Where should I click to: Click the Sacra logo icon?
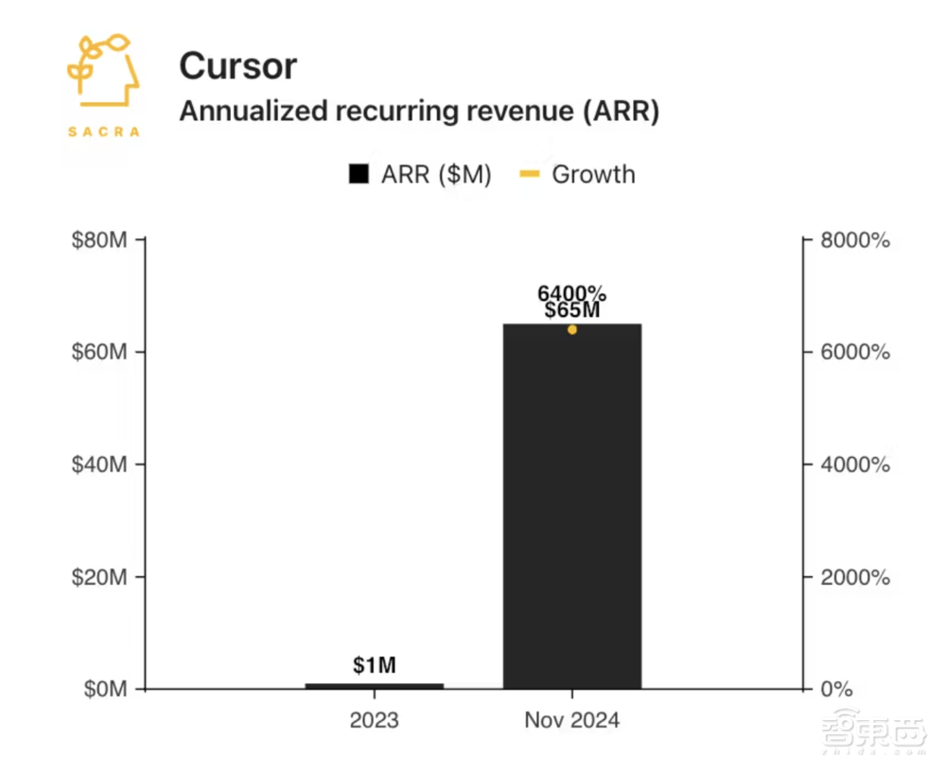(103, 77)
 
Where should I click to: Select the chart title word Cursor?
(237, 65)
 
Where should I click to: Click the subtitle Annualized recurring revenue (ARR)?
(419, 111)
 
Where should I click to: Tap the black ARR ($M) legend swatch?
(359, 175)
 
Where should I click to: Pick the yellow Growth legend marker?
(530, 175)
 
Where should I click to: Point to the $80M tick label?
(100, 240)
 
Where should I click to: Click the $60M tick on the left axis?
(100, 353)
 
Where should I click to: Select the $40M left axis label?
(100, 465)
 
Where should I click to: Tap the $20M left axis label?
(100, 577)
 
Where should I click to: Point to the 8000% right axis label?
(854, 240)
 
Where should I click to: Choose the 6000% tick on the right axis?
(854, 353)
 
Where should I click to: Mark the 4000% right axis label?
(854, 465)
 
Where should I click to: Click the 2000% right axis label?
(854, 577)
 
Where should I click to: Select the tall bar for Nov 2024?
(572, 511)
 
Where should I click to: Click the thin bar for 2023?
(375, 685)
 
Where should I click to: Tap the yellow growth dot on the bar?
(572, 329)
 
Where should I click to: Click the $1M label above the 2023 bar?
(375, 665)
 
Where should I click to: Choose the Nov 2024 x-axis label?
(572, 721)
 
